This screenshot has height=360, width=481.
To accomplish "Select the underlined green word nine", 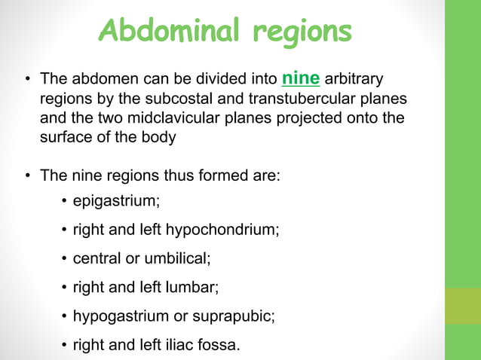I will [x=301, y=78].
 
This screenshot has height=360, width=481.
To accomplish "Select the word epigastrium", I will [x=115, y=201].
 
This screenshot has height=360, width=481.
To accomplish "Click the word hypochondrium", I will [x=228, y=230].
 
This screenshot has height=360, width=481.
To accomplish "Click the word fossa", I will [x=220, y=345].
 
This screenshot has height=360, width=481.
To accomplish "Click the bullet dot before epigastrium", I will [x=65, y=201].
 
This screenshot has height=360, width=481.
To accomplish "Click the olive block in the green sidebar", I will [x=463, y=307].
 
